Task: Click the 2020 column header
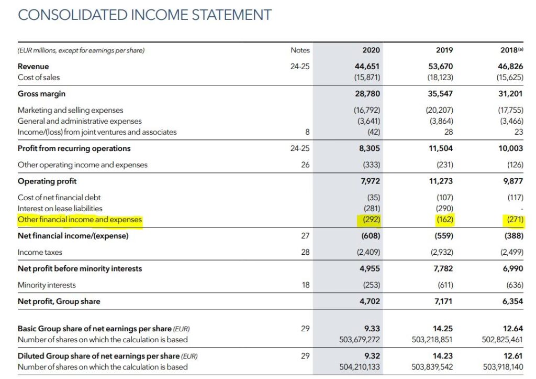pyautogui.click(x=371, y=50)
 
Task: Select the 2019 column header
pyautogui.click(x=444, y=50)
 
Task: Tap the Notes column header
pyautogui.click(x=300, y=50)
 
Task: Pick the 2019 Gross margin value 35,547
pyautogui.click(x=441, y=94)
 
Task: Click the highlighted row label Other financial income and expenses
pyautogui.click(x=80, y=220)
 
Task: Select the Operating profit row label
pyautogui.click(x=47, y=181)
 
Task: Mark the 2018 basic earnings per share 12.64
pyautogui.click(x=512, y=329)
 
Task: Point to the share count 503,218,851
pyautogui.click(x=432, y=340)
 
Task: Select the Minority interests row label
pyautogui.click(x=47, y=285)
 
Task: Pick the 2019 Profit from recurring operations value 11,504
pyautogui.click(x=441, y=148)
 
